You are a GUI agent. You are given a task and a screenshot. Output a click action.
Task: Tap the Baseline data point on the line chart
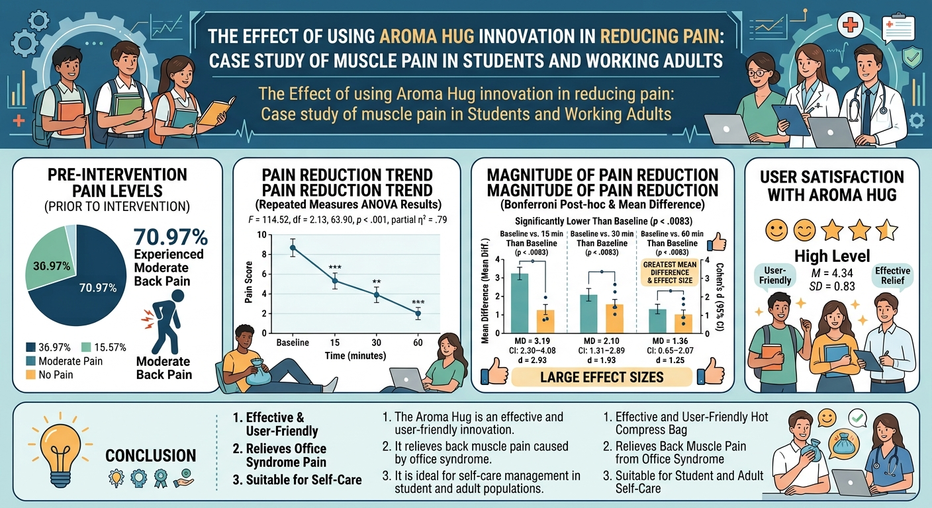point(293,248)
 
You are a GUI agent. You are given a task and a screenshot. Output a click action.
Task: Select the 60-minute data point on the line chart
point(418,314)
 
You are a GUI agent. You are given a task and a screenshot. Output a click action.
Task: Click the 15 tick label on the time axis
point(334,343)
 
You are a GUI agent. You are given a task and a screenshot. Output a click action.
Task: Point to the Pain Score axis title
point(249,282)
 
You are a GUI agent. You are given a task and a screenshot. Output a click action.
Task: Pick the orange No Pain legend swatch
point(30,374)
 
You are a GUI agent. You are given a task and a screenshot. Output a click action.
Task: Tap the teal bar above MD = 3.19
point(520,303)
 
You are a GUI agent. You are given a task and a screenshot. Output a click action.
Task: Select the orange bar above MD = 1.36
point(683,323)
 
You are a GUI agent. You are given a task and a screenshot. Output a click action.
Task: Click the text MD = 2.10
point(602,341)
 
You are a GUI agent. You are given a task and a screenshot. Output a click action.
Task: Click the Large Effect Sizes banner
point(602,377)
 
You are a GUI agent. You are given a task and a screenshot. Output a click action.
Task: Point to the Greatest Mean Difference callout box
point(669,273)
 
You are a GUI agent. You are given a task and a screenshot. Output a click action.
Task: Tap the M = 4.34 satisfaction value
point(832,273)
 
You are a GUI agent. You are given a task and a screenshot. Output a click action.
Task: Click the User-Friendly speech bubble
point(774,275)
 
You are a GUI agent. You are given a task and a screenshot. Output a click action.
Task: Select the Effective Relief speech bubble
point(892,275)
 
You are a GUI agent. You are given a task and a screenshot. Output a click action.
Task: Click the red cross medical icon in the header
point(850,25)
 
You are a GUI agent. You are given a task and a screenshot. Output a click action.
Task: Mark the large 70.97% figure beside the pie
point(171,237)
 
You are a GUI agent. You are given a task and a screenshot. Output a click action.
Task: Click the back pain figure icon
point(164,321)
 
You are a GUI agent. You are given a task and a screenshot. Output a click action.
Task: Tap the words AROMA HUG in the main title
point(427,36)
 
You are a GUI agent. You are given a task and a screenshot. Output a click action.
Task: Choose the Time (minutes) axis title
point(355,356)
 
